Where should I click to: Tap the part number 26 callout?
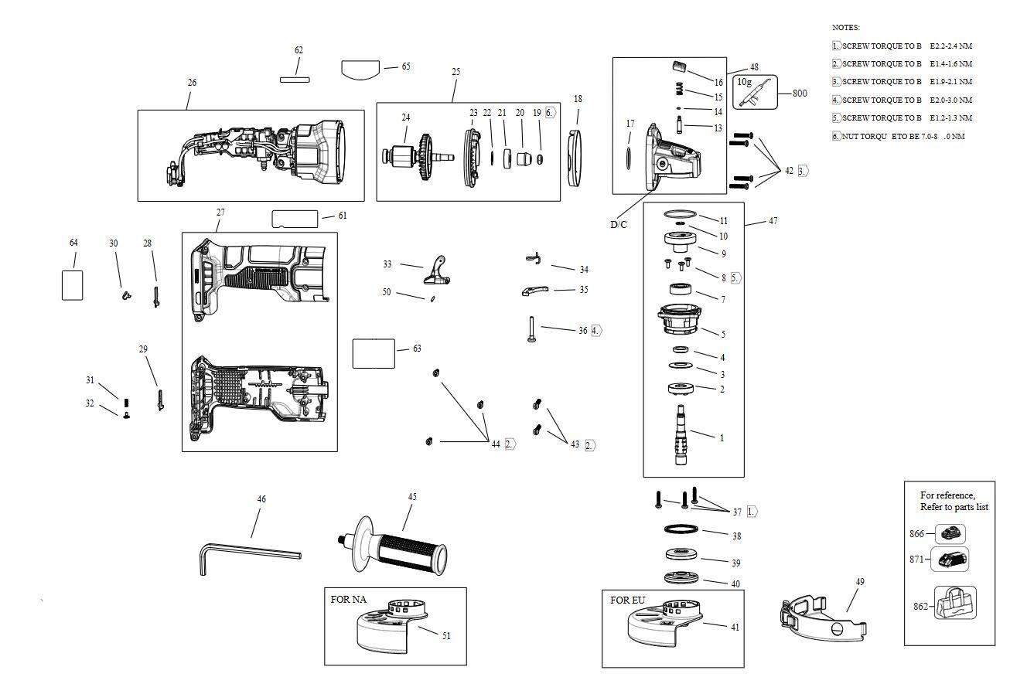coord(192,83)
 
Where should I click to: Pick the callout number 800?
coord(800,94)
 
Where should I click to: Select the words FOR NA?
coord(348,600)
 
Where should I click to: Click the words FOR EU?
coord(627,600)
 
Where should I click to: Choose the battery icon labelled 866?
coord(950,533)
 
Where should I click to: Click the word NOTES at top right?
coord(845,27)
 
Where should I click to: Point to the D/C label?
coord(619,225)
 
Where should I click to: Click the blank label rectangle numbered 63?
coord(374,353)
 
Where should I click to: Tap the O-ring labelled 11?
coord(681,215)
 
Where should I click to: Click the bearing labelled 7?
coord(680,291)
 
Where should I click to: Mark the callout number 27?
coord(220,213)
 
